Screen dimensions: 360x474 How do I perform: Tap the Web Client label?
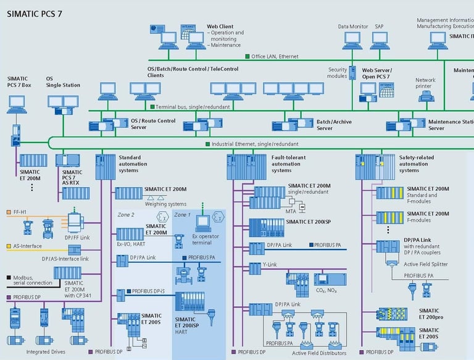point(220,27)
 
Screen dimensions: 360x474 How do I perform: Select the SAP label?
point(379,27)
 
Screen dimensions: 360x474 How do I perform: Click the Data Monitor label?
point(352,27)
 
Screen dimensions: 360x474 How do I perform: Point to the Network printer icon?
point(425,95)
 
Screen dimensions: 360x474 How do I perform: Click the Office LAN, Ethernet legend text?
point(275,56)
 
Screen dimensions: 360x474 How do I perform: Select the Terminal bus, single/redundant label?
point(197,107)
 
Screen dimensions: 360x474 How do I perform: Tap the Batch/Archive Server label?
point(334,125)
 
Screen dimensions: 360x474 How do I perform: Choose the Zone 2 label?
point(126,214)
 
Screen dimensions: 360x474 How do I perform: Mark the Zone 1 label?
point(183,214)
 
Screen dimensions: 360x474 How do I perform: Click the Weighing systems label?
point(165,204)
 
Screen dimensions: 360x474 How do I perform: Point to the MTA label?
point(291,212)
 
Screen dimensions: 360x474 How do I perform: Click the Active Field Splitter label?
point(426,264)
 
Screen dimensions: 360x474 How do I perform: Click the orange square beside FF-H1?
point(9,212)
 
